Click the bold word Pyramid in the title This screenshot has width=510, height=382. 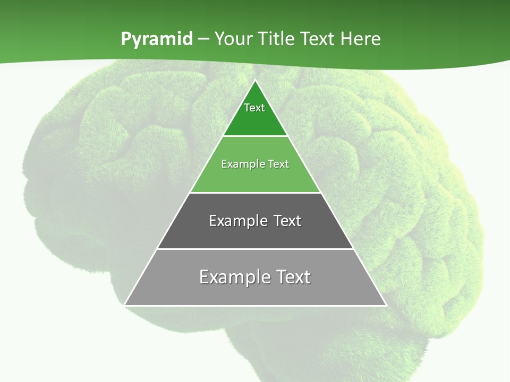click(157, 39)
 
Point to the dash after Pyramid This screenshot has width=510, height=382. click(203, 39)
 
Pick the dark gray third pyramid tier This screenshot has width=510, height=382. click(255, 233)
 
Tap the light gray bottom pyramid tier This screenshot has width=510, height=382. click(255, 292)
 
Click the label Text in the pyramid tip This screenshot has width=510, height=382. click(254, 108)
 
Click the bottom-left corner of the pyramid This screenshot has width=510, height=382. click(125, 305)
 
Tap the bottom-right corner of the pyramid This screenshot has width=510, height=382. click(386, 305)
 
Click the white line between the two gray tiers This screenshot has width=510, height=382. click(255, 249)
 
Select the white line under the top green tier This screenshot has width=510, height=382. click(255, 136)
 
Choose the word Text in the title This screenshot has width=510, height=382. click(317, 39)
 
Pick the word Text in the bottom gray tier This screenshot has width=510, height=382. click(292, 277)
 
